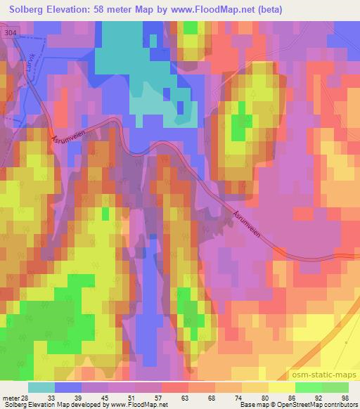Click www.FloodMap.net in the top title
coord(214,9)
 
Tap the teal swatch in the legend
coord(41,387)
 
